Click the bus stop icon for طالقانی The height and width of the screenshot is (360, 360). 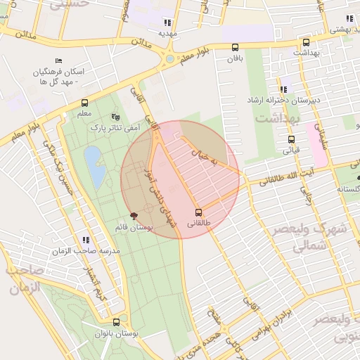click(x=198, y=212)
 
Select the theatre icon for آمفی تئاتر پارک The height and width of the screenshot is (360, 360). click(x=116, y=117)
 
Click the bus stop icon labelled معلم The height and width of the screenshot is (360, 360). click(x=84, y=103)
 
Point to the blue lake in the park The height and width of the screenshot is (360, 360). click(x=94, y=162)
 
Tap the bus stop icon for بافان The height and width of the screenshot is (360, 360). click(x=235, y=48)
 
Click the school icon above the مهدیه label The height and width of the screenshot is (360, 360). click(x=167, y=22)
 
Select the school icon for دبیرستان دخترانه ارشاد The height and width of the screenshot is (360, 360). click(x=283, y=89)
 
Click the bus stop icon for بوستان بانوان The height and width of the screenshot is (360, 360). click(x=116, y=322)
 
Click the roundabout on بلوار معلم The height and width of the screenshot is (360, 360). click(x=169, y=59)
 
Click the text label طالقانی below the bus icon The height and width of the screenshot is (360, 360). click(x=198, y=224)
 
